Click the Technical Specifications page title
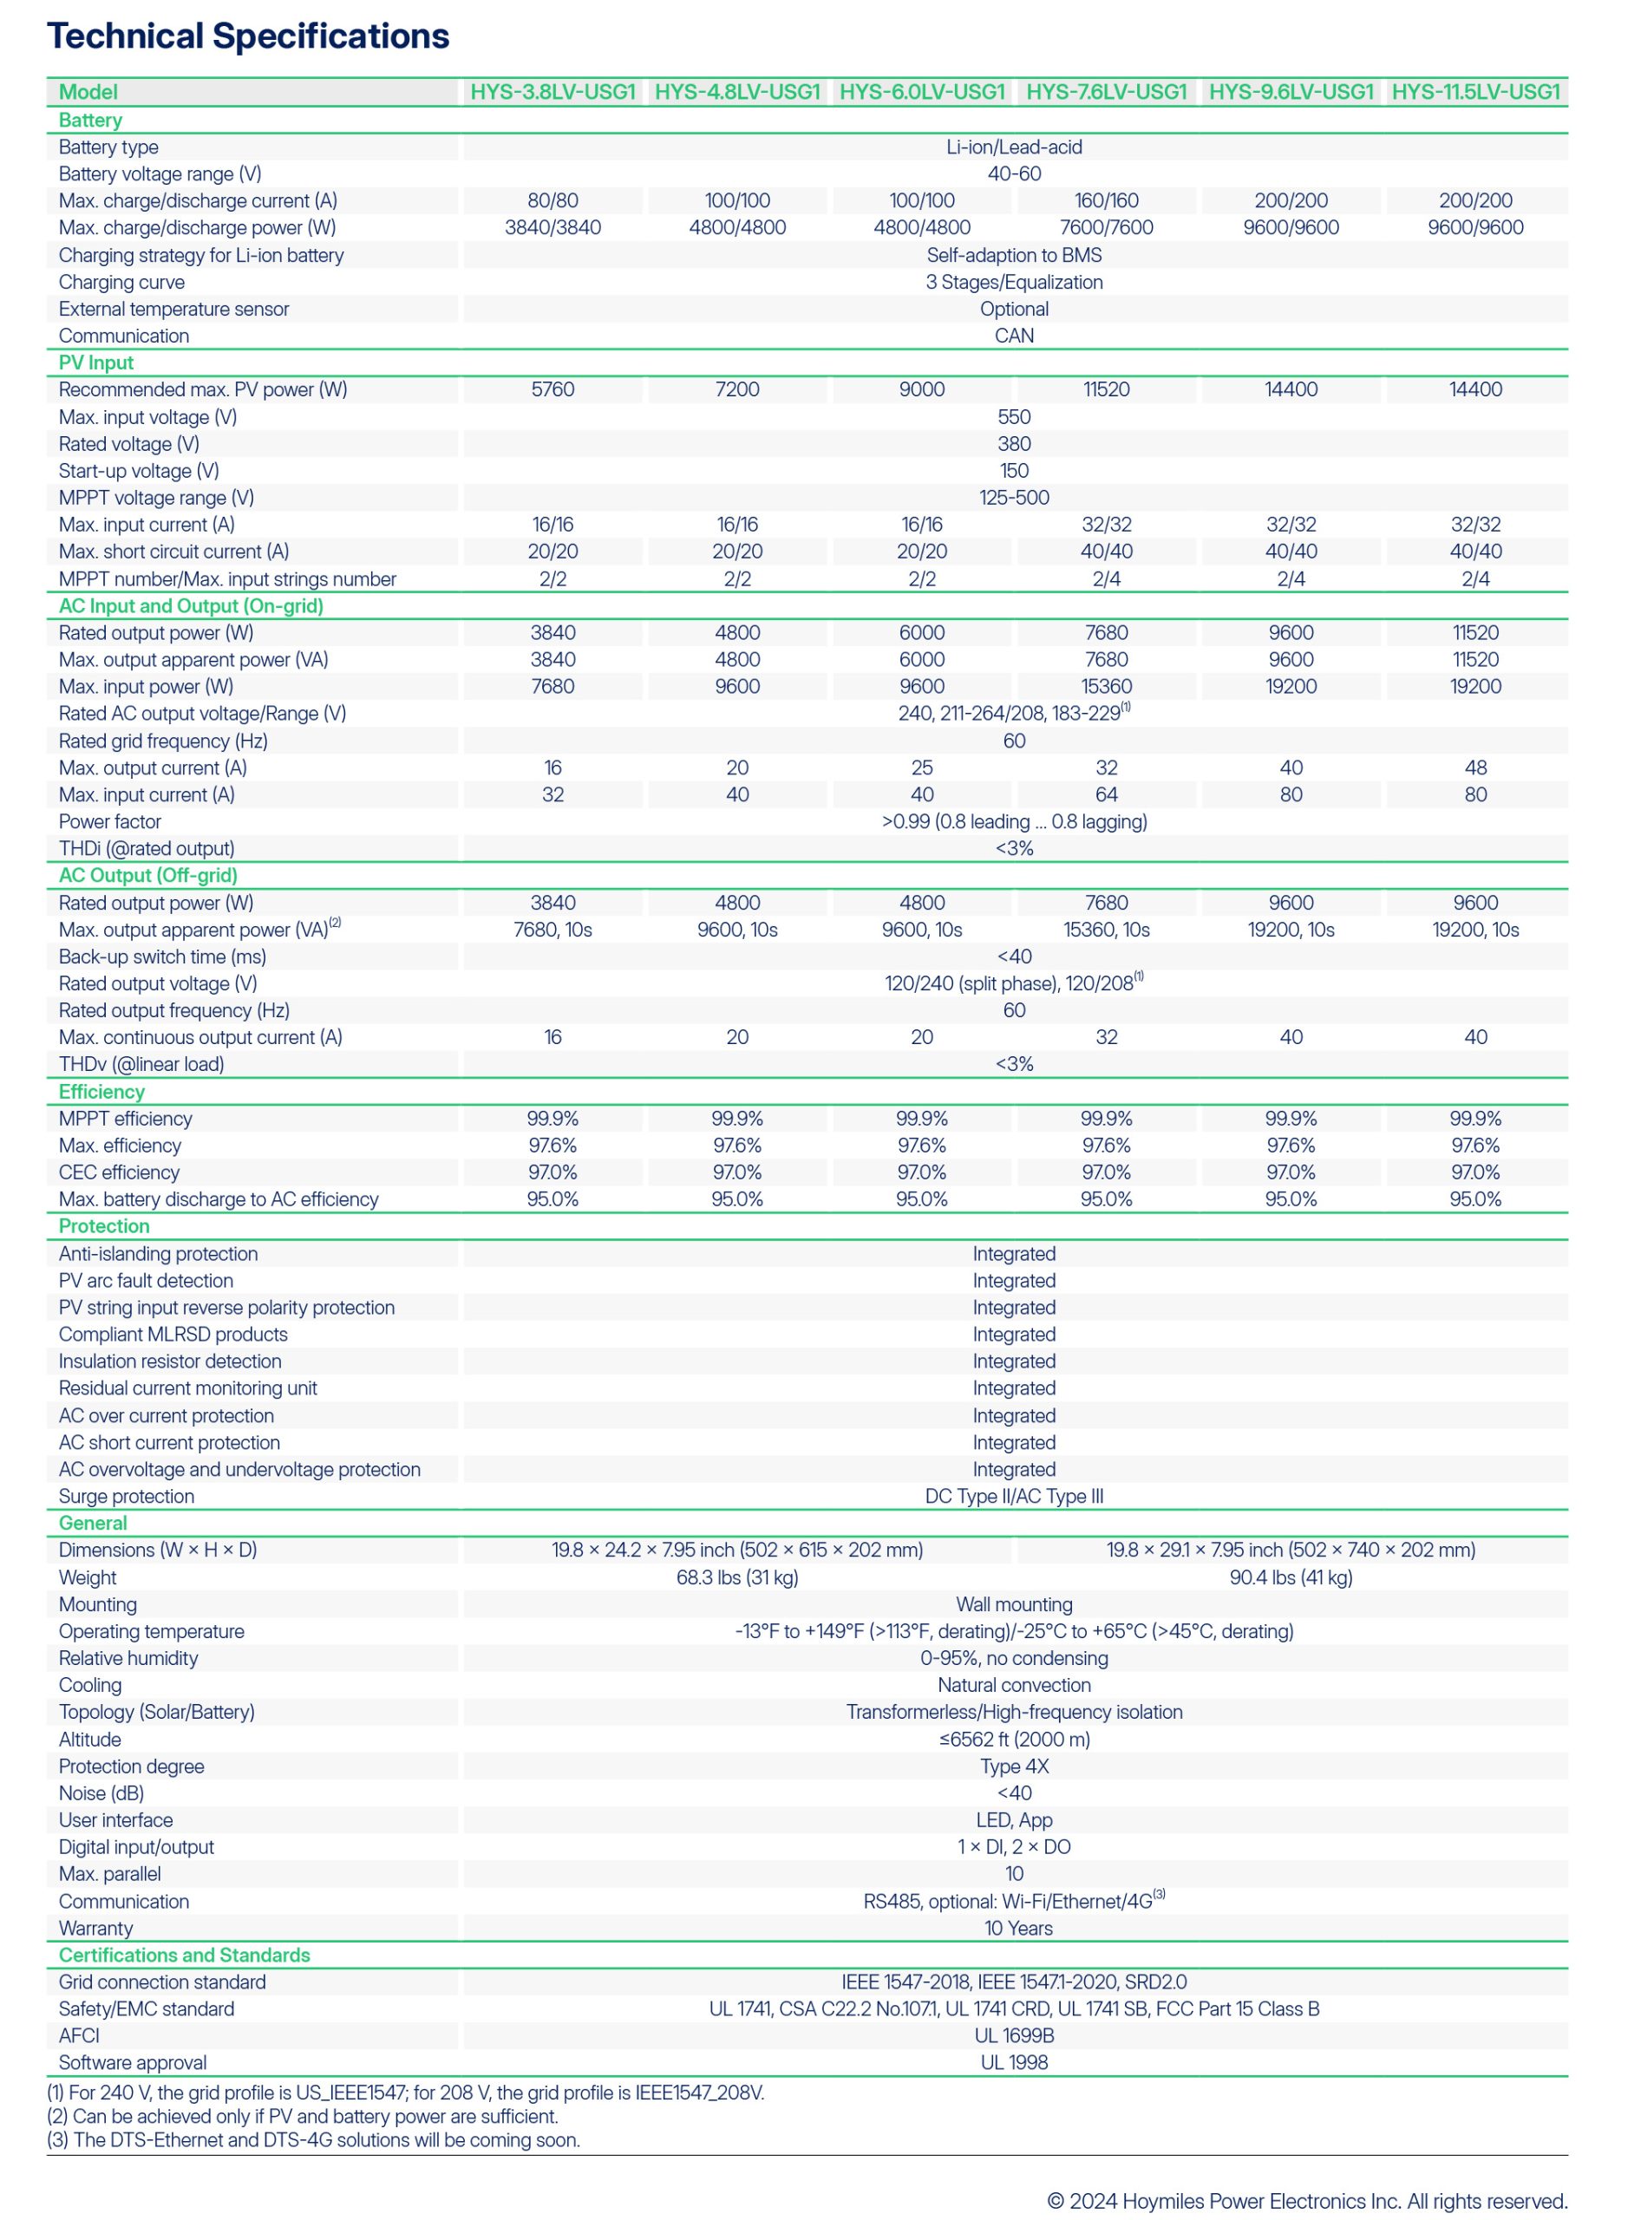point(247,36)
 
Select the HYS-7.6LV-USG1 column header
point(1106,92)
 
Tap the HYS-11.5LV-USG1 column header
point(1475,92)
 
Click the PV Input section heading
point(95,362)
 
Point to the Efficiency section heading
point(101,1092)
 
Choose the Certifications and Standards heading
point(184,1955)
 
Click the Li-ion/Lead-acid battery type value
point(1014,147)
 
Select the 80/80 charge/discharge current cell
point(552,201)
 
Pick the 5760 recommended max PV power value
point(552,389)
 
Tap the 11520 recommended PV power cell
point(1106,389)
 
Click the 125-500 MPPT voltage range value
point(1014,498)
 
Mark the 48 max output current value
point(1475,767)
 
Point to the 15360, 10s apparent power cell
point(1106,929)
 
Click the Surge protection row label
point(126,1496)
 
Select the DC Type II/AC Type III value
point(1014,1496)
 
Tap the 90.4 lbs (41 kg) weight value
point(1291,1577)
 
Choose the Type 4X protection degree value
point(1014,1766)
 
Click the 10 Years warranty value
point(1018,1929)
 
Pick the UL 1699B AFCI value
point(1014,2036)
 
